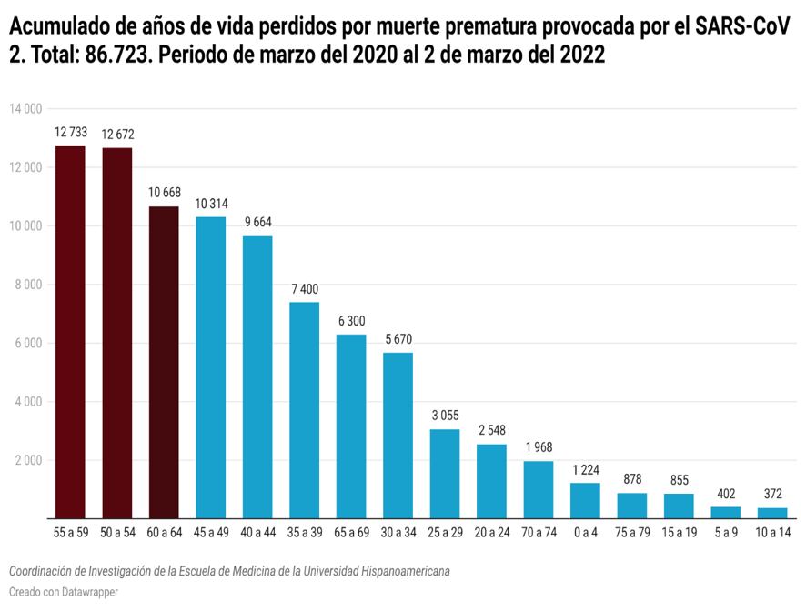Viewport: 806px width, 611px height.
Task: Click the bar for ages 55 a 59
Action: (70, 332)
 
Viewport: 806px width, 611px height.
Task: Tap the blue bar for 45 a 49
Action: (211, 367)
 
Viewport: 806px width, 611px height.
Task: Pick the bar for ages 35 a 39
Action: (304, 410)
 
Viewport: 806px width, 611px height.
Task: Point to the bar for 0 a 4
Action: (585, 500)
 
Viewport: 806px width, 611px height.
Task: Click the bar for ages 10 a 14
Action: (772, 513)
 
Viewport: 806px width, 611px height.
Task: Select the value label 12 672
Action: (116, 135)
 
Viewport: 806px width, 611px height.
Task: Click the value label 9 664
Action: (257, 222)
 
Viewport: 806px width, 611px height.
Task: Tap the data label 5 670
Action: (398, 339)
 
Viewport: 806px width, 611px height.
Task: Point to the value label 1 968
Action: (539, 447)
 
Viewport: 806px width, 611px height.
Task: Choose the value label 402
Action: (725, 493)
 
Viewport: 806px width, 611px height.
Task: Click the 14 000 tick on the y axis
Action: (25, 109)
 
